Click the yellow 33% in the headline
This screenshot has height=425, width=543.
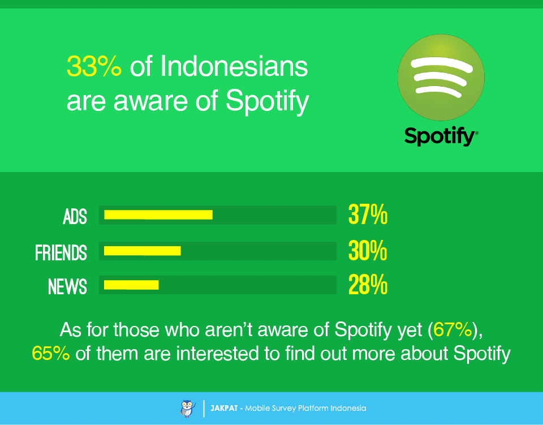tap(94, 67)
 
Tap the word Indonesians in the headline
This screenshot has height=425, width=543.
tap(234, 67)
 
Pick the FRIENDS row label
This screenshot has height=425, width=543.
tap(61, 252)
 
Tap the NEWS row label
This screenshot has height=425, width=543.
tap(67, 286)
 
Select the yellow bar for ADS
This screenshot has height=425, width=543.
tap(158, 214)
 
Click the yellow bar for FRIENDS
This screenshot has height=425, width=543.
tap(143, 251)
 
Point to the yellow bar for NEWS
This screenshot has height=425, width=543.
tap(131, 285)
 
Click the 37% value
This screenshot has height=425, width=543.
tap(368, 216)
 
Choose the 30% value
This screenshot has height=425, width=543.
tap(368, 251)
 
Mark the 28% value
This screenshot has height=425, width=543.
tap(368, 286)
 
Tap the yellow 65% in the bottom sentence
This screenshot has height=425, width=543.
tap(51, 353)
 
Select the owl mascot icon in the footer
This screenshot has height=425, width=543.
tap(187, 408)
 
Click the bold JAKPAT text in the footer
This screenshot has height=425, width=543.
tap(223, 408)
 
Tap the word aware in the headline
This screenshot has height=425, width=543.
tap(149, 102)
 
